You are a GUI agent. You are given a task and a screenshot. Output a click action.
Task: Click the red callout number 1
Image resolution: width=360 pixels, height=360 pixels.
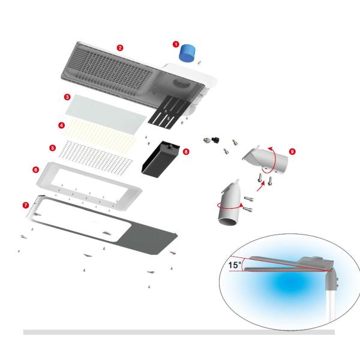176,44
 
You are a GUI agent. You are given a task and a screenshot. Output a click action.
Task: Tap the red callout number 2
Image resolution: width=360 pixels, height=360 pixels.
120,48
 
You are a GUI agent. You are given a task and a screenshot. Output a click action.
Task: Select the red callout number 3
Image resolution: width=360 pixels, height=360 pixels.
67,97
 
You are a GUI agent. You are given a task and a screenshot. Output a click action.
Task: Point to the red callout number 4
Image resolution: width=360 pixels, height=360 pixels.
61,125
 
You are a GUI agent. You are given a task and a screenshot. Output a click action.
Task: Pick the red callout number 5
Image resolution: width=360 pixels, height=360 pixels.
53,148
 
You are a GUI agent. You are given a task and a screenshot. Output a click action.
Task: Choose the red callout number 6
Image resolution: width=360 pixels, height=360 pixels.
35,170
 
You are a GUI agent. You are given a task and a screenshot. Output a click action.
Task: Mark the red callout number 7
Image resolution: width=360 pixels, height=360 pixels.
26,205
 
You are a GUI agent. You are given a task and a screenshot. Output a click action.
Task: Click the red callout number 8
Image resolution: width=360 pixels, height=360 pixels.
186,152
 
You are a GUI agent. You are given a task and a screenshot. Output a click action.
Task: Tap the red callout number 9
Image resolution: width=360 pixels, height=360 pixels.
292,152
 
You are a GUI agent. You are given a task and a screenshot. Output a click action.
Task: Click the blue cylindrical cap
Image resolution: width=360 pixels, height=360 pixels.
187,53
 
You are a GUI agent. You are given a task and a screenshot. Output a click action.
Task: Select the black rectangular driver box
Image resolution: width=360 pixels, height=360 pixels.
160,160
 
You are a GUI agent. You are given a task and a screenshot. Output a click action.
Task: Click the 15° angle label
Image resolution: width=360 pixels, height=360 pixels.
235,265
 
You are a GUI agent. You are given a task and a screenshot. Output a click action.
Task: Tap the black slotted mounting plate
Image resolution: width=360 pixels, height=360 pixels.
167,112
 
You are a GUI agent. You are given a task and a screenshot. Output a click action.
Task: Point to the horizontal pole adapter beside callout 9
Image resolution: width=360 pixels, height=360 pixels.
266,159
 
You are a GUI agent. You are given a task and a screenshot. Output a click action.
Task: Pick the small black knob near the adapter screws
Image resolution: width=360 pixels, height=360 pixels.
215,139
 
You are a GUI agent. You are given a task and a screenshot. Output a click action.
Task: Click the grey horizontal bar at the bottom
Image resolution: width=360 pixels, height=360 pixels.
179,332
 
